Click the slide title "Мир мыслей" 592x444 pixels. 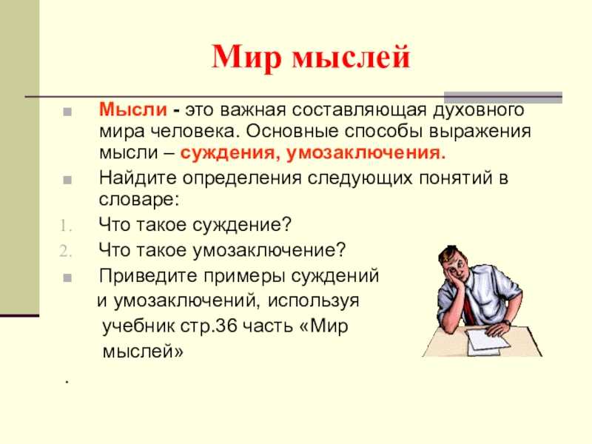(x=311, y=57)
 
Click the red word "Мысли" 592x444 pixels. (x=133, y=110)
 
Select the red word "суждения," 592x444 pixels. (x=230, y=153)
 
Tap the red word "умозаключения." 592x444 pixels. (x=366, y=153)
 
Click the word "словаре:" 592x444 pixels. (x=138, y=200)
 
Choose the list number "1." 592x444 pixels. (x=66, y=226)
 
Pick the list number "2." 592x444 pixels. (x=66, y=251)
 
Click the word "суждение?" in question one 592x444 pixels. (x=242, y=225)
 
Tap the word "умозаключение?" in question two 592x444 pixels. (x=269, y=250)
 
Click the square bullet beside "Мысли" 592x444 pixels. (x=67, y=112)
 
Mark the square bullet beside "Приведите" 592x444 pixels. (x=67, y=278)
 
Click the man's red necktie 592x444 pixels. (x=468, y=305)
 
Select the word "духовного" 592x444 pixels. (x=478, y=110)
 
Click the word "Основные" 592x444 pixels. (x=292, y=132)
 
